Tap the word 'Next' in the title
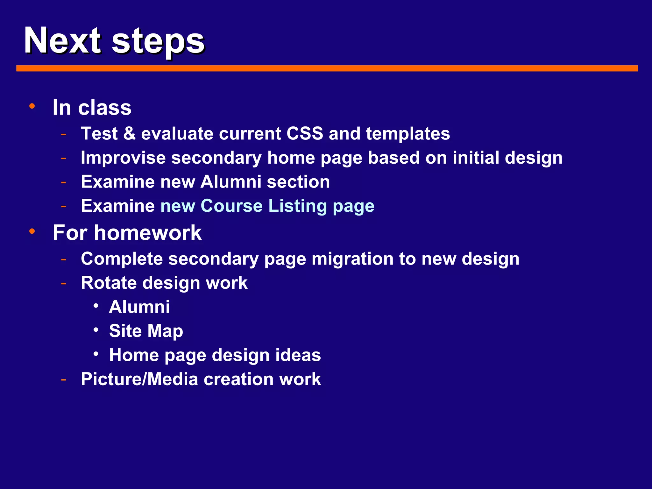(62, 41)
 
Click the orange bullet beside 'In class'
(32, 106)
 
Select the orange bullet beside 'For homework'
(32, 231)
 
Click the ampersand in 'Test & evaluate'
(129, 133)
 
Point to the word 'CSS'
(305, 133)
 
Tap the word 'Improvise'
(123, 158)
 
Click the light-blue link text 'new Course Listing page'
(267, 206)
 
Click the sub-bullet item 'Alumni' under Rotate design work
(139, 307)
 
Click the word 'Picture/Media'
(139, 379)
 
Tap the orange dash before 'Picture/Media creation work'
(64, 379)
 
